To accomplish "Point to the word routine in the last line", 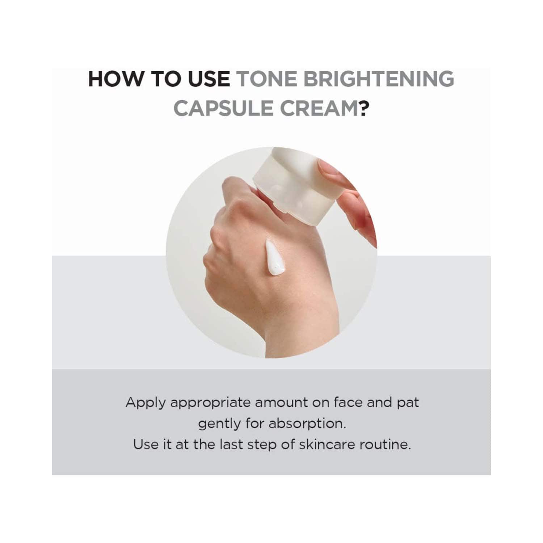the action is pyautogui.click(x=385, y=444).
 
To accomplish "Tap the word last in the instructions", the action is pyautogui.click(x=231, y=444).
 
